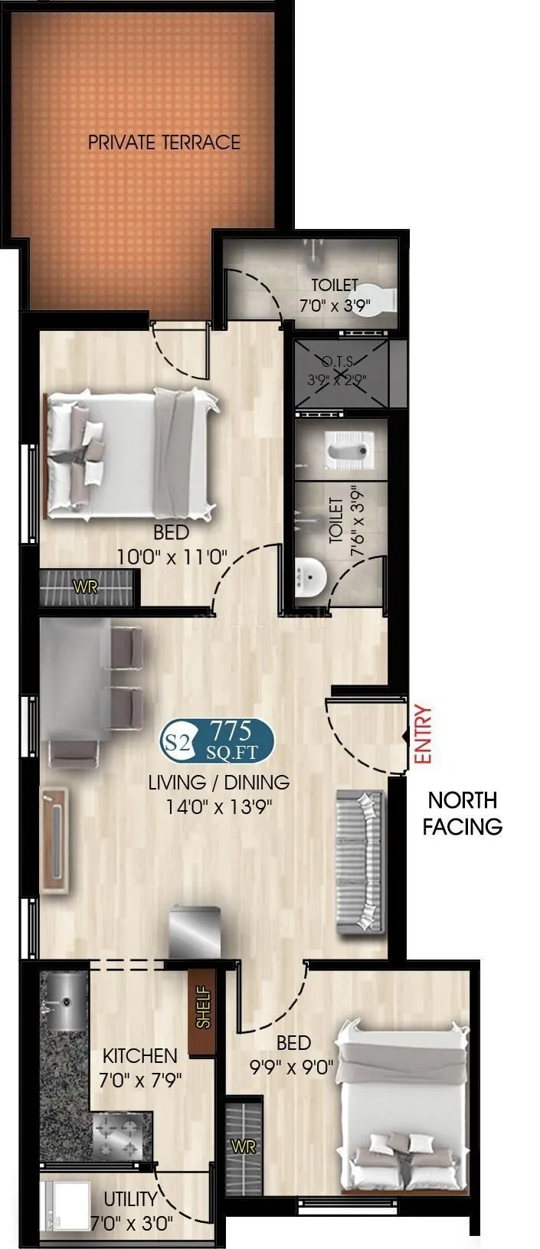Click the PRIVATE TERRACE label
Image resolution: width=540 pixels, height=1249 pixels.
click(164, 142)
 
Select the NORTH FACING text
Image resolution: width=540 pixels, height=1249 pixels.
click(463, 813)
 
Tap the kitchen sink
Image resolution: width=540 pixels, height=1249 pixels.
click(65, 1002)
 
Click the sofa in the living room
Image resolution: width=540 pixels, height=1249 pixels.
click(361, 861)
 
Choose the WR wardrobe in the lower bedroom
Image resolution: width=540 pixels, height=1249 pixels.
click(244, 1146)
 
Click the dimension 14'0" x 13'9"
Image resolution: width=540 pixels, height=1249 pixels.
click(219, 806)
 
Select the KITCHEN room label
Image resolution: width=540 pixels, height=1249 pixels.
click(140, 1056)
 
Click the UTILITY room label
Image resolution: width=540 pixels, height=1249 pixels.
click(131, 1198)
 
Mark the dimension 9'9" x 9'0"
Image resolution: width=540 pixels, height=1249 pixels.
click(294, 1065)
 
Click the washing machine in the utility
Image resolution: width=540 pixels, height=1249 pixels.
click(64, 1207)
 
